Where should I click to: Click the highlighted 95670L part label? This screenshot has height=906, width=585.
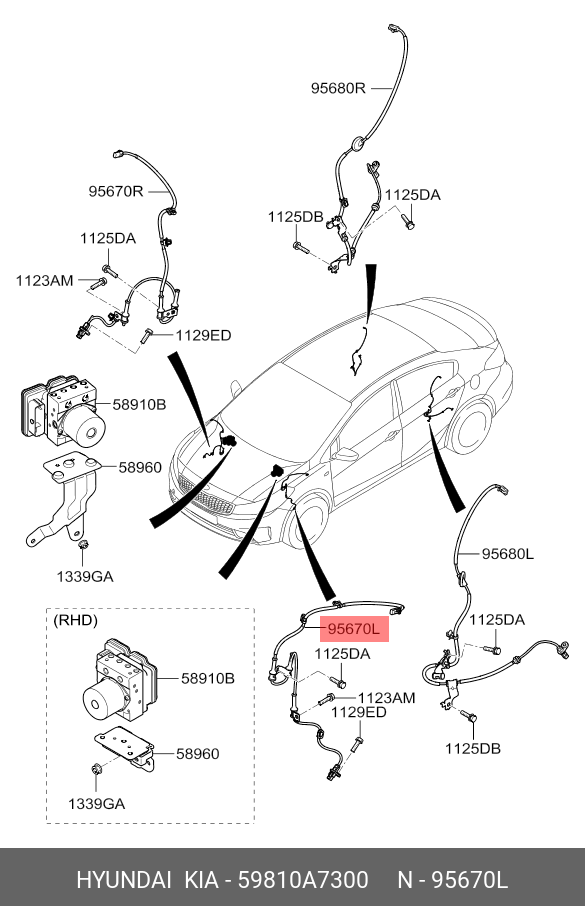point(354,629)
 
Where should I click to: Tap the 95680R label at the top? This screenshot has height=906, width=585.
point(338,88)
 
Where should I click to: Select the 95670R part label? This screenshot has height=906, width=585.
point(116,191)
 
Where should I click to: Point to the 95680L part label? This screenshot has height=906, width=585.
point(508,554)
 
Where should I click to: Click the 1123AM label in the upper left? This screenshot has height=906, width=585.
point(45,281)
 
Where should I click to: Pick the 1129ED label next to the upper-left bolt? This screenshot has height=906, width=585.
point(203,335)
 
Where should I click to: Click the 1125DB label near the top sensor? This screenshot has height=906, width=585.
point(295,217)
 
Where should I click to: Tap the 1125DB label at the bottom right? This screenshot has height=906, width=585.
point(473,748)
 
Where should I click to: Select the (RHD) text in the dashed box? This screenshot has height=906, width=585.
point(75,621)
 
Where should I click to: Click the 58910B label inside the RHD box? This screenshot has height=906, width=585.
point(208,678)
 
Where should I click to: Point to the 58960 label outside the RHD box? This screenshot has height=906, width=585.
point(140,467)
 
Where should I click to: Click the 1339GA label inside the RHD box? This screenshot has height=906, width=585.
point(97,803)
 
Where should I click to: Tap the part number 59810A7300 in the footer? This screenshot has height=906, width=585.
point(303,880)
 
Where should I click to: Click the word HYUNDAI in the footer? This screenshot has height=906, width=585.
point(124,880)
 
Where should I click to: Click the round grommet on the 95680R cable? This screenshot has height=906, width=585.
point(358,143)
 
